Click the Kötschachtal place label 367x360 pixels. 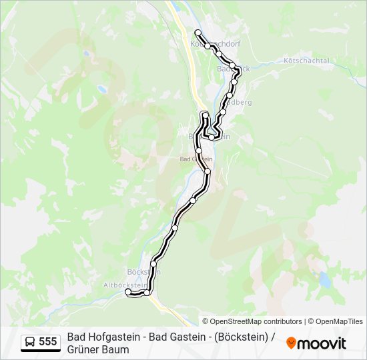point(307,61)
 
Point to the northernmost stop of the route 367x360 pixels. point(198,33)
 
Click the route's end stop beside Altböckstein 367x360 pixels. point(128,291)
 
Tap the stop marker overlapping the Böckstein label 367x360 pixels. point(153,264)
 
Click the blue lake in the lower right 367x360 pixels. point(325,280)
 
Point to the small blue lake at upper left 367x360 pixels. point(101,88)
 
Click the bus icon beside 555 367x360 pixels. point(30,342)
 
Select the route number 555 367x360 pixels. point(48,342)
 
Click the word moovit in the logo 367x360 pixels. point(322,343)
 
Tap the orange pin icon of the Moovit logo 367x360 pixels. point(291,343)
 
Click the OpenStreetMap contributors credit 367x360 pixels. point(252,321)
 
